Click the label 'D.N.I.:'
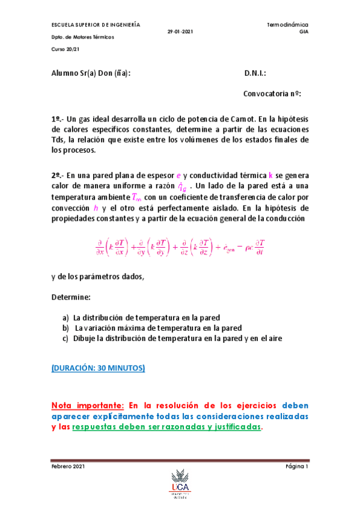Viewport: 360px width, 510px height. (255, 73)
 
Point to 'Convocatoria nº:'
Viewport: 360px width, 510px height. (272, 94)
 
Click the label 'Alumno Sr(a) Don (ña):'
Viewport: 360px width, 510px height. (91, 73)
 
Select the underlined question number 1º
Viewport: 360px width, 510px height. (57, 119)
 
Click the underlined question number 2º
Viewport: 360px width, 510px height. (57, 175)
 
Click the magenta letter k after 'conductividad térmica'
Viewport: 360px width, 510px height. (270, 175)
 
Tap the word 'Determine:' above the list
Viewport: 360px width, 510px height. (71, 297)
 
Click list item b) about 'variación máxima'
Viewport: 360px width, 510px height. (153, 328)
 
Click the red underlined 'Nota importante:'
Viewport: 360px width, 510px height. (88, 405)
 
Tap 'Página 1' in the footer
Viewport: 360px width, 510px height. (296, 467)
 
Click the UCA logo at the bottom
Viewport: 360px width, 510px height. (180, 489)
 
